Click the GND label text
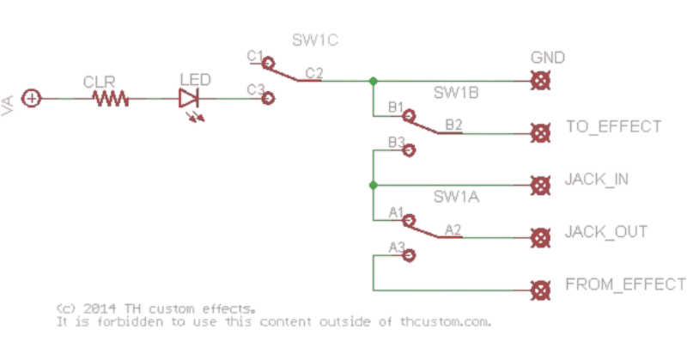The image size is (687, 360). pyautogui.click(x=547, y=58)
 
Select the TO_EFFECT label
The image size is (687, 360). pyautogui.click(x=612, y=127)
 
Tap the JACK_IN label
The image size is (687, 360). pyautogui.click(x=596, y=180)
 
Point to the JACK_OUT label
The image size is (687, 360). pyautogui.click(x=605, y=232)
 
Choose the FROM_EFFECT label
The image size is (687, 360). pyautogui.click(x=624, y=284)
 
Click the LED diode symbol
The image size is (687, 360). pyautogui.click(x=189, y=98)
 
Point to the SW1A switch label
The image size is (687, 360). pyautogui.click(x=456, y=198)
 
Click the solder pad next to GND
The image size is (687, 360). pyautogui.click(x=540, y=81)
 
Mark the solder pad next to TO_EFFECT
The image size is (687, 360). pyautogui.click(x=540, y=133)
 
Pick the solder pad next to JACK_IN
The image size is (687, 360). pyautogui.click(x=540, y=186)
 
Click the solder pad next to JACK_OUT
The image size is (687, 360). pyautogui.click(x=540, y=238)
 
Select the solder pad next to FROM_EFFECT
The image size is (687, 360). pyautogui.click(x=540, y=290)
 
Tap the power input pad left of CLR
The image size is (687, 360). pyautogui.click(x=33, y=99)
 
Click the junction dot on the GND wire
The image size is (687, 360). pyautogui.click(x=372, y=81)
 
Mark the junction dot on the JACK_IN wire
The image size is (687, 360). pyautogui.click(x=372, y=186)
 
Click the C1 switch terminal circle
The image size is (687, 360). pyautogui.click(x=268, y=63)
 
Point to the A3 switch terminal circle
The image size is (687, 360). pyautogui.click(x=411, y=255)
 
